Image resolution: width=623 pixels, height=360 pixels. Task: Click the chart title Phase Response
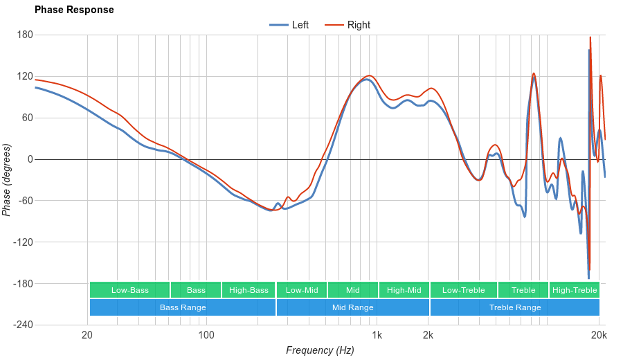74,10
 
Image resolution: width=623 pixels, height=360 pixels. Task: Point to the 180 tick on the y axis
25,35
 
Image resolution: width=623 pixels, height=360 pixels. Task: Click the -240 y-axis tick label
23,325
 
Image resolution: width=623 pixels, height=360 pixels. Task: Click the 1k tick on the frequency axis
377,336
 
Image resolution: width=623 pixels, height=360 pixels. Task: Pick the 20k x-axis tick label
599,336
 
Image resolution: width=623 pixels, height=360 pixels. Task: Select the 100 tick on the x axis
206,336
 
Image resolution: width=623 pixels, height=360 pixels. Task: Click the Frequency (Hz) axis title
320,350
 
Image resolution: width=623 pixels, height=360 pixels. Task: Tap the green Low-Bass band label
129,290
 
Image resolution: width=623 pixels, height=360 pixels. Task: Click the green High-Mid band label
404,290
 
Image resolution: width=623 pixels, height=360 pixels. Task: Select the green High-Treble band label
575,290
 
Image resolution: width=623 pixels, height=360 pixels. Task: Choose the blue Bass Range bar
183,307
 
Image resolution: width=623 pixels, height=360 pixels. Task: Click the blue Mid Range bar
352,307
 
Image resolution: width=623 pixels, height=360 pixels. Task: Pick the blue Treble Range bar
515,307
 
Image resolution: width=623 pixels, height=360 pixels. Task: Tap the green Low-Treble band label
463,290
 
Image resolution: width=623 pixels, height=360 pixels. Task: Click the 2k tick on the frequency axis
428,336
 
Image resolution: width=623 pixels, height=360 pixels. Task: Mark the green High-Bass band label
249,290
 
